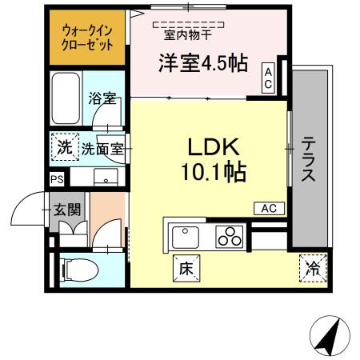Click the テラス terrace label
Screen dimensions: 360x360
(x=308, y=158)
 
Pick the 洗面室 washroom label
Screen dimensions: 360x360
(x=103, y=148)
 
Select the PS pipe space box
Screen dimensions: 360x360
(x=56, y=179)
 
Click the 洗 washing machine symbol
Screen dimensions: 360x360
(x=63, y=147)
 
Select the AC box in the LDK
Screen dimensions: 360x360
(x=269, y=208)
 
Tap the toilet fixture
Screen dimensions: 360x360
(x=78, y=270)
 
